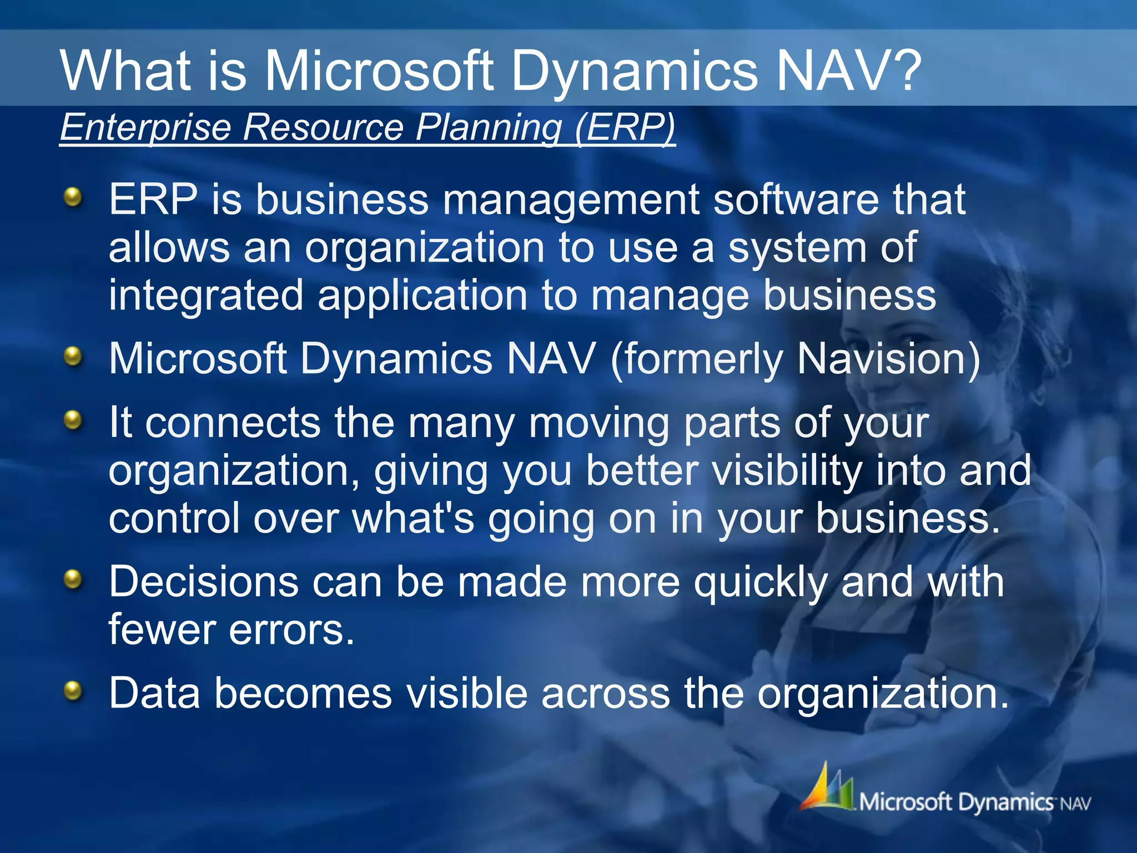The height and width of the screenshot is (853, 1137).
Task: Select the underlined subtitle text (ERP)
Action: (x=625, y=127)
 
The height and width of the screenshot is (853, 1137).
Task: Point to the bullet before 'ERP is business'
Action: (x=73, y=197)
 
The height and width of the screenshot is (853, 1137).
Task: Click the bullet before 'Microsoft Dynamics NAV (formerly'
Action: (x=73, y=356)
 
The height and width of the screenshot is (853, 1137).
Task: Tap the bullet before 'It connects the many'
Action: (x=73, y=420)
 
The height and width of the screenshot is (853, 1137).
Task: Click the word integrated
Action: (x=206, y=297)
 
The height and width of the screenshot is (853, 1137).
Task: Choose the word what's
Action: (x=413, y=519)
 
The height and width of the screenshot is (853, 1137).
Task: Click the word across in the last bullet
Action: (x=606, y=694)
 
